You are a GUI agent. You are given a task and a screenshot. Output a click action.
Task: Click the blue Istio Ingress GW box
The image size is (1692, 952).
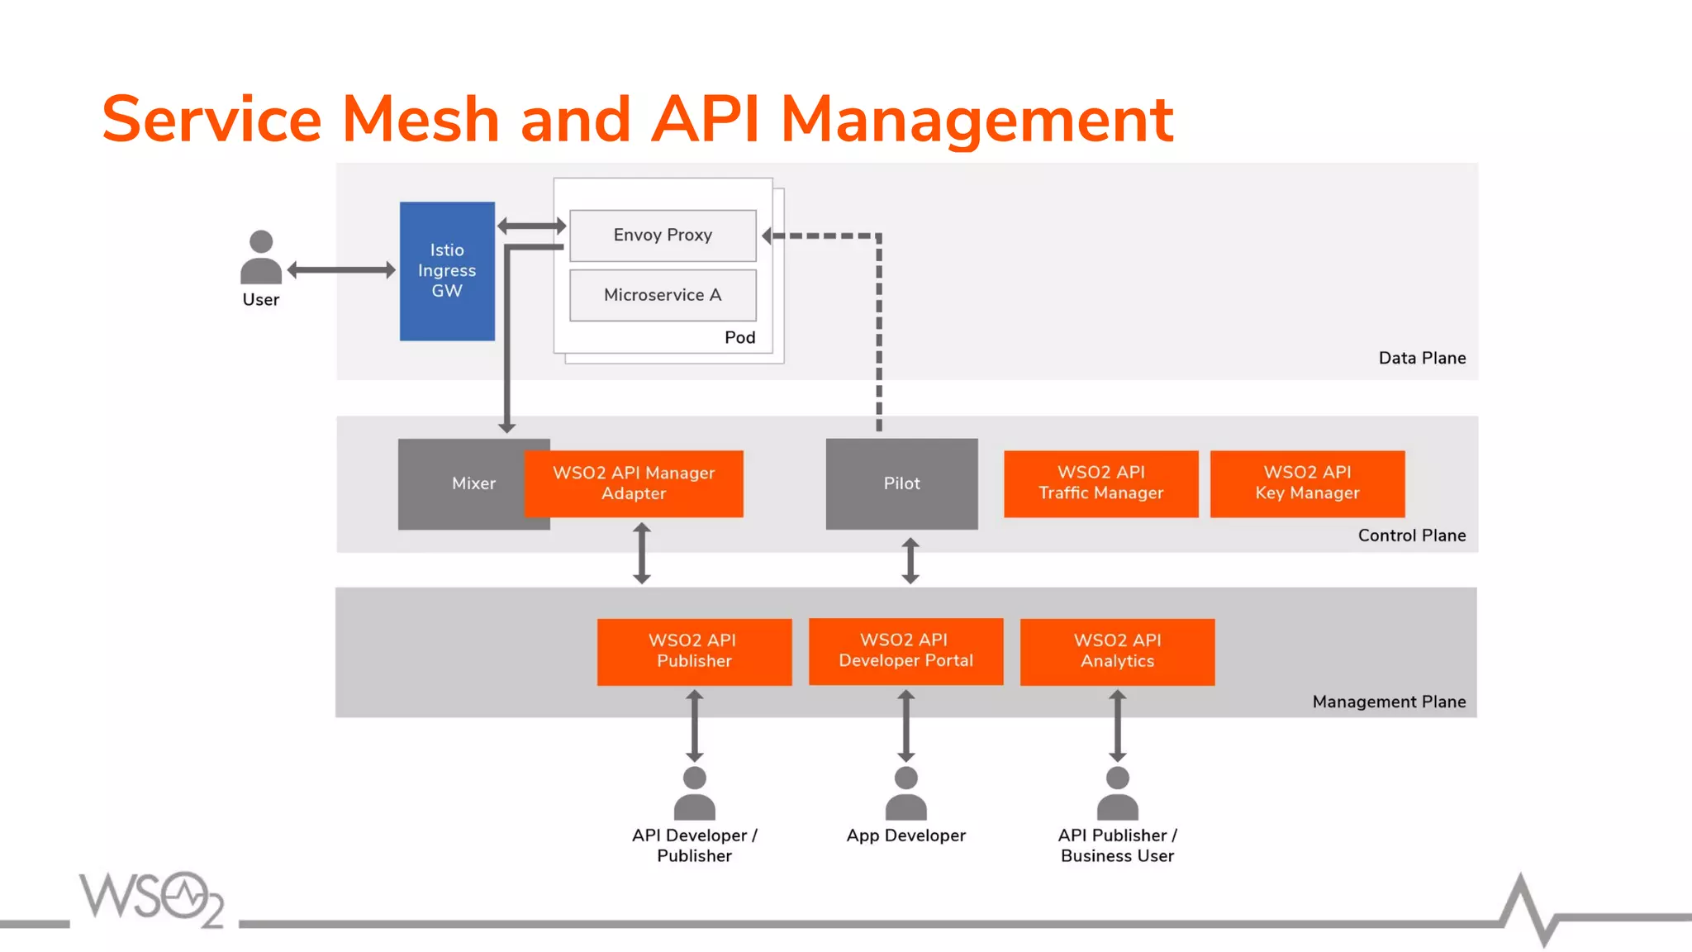[447, 271]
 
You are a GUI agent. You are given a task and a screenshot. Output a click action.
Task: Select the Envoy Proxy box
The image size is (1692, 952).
[663, 236]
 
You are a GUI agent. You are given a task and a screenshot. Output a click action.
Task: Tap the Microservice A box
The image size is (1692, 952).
[663, 295]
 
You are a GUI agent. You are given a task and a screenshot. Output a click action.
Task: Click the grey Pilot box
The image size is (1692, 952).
[901, 483]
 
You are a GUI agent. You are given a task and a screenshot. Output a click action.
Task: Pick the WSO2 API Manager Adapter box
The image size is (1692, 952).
[634, 483]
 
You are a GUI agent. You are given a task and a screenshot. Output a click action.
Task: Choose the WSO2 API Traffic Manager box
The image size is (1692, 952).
[1100, 483]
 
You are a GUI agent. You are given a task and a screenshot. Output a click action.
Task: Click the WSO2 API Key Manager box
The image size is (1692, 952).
[1307, 483]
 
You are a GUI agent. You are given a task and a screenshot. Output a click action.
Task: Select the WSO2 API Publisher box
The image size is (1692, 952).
[694, 651]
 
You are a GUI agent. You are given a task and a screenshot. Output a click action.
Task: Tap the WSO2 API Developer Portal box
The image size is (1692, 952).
[905, 651]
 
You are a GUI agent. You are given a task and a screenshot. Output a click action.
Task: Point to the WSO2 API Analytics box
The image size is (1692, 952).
[1117, 651]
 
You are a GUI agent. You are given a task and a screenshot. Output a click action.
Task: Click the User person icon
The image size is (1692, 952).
[261, 258]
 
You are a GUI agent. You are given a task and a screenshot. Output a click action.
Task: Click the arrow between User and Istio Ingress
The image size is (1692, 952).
[341, 270]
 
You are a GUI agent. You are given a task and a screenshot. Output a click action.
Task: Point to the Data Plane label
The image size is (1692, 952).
[1422, 359]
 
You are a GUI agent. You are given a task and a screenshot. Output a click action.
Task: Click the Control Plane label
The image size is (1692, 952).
[1411, 535]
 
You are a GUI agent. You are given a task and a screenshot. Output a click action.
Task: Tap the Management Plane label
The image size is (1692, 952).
[1389, 702]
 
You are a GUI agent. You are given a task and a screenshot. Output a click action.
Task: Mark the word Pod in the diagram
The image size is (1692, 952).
[739, 337]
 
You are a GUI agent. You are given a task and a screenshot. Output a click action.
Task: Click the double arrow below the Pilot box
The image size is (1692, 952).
[910, 561]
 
